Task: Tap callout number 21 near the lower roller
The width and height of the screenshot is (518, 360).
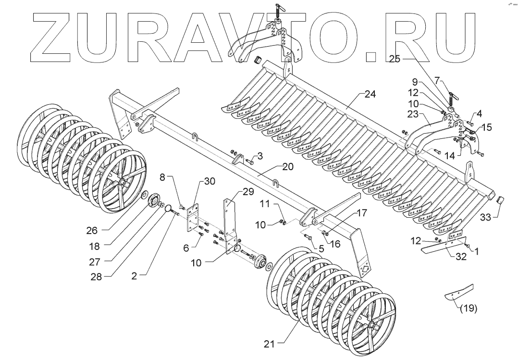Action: click(x=269, y=344)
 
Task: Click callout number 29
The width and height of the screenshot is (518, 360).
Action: click(x=248, y=192)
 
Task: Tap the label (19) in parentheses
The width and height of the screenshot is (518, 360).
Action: click(x=469, y=309)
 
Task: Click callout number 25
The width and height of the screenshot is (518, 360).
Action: click(x=394, y=59)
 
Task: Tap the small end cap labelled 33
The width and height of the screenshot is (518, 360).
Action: click(x=500, y=200)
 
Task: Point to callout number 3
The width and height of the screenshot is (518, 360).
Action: click(x=260, y=156)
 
